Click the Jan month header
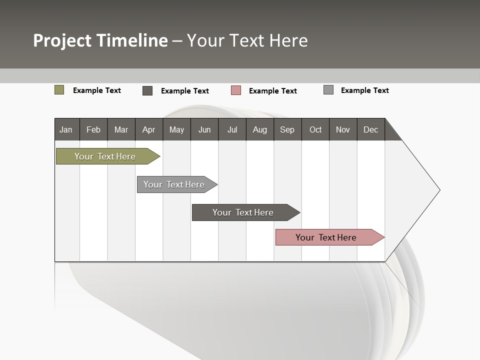[66, 129]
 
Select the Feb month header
[93, 129]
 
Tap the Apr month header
[149, 129]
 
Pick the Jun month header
[204, 129]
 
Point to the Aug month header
[260, 129]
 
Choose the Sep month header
[287, 129]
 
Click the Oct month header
[315, 129]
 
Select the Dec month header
[371, 129]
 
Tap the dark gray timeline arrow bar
[243, 212]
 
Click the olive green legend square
[59, 90]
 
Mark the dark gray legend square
[147, 90]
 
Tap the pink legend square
[236, 90]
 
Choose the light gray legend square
[328, 90]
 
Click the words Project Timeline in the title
[100, 40]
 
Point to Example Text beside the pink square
[273, 90]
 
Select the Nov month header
[343, 129]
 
